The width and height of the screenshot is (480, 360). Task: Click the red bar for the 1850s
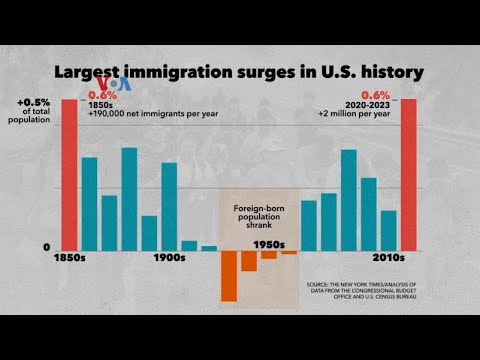click(69, 174)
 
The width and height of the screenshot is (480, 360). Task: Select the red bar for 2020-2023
click(409, 174)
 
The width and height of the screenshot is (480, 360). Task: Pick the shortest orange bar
click(289, 253)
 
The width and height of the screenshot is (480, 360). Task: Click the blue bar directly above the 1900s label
click(169, 206)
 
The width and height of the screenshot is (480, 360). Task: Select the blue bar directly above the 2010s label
click(389, 230)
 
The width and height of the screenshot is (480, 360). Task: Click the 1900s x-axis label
click(168, 258)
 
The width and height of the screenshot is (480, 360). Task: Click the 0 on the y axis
click(45, 247)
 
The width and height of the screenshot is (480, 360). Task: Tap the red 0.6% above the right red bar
click(404, 96)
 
